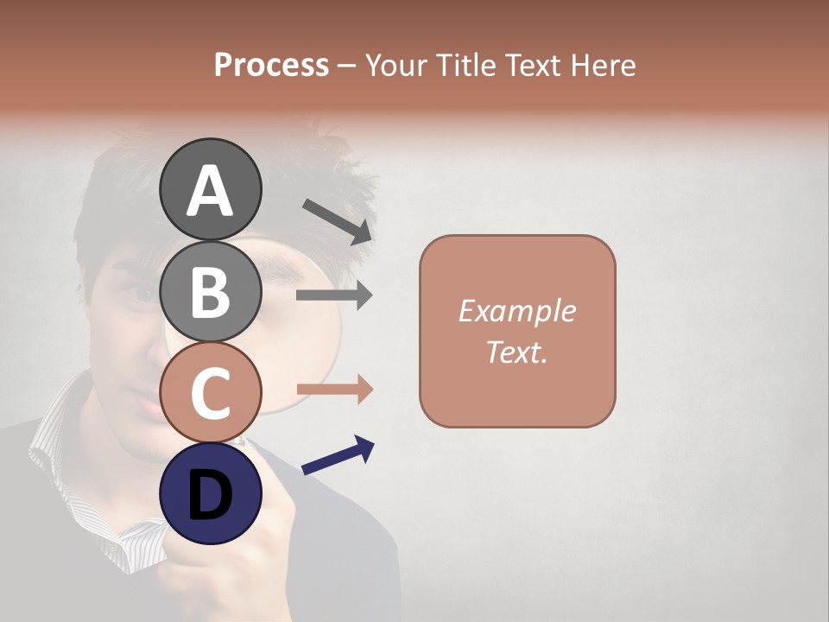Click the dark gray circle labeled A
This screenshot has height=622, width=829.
[210, 189]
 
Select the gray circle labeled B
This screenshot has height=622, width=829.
[210, 291]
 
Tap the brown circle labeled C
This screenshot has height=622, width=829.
[210, 392]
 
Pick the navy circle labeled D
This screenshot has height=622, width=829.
[210, 493]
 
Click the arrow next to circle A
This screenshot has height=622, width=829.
[337, 221]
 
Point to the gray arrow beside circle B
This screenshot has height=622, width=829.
[334, 295]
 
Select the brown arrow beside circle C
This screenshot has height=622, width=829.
[334, 390]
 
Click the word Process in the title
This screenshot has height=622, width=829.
[271, 65]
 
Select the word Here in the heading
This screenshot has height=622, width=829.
[601, 65]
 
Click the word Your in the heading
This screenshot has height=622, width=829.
[395, 65]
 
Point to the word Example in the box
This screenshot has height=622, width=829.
[516, 311]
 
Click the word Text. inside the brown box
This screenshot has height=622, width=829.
[516, 352]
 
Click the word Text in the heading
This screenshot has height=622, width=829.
[533, 65]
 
